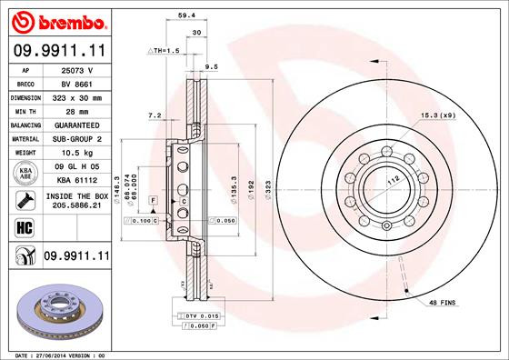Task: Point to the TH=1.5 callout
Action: (x=165, y=51)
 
